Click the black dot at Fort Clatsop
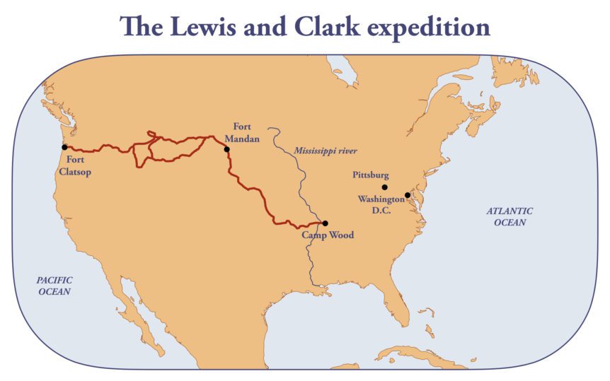pyautogui.click(x=64, y=147)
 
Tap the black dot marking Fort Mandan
pyautogui.click(x=226, y=149)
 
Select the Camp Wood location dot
pyautogui.click(x=325, y=223)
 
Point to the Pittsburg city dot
pyautogui.click(x=384, y=187)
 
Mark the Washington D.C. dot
pyautogui.click(x=408, y=195)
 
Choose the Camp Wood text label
pyautogui.click(x=328, y=235)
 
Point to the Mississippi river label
pyautogui.click(x=326, y=151)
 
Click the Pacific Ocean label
pyautogui.click(x=54, y=286)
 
